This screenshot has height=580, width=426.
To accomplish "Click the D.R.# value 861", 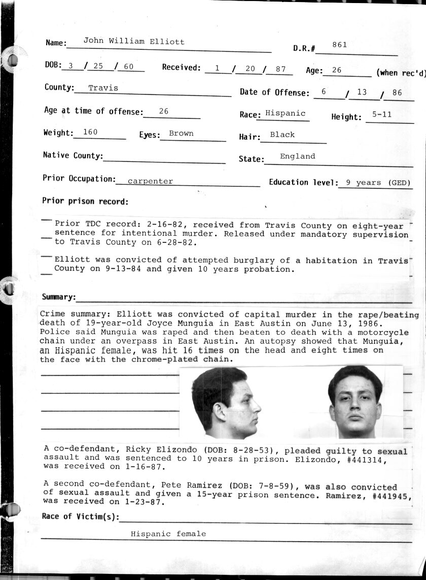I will [339, 45].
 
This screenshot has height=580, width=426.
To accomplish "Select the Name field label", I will [56, 43].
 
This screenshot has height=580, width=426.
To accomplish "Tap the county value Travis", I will [103, 88].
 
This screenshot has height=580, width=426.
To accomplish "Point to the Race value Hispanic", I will [286, 114].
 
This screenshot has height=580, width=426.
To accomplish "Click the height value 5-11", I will [381, 115].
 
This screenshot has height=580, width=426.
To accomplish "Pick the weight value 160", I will [90, 132].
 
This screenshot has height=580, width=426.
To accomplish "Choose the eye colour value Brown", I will [181, 133].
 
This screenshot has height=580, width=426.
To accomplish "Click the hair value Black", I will [282, 134].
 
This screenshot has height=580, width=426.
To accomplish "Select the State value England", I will [297, 156].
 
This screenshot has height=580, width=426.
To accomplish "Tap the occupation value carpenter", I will [150, 181].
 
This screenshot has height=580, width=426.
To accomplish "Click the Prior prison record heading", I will [85, 201].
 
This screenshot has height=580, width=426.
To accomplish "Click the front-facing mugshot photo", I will [355, 402].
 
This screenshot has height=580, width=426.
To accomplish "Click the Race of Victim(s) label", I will [80, 517].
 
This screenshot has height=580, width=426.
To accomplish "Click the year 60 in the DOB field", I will [128, 66].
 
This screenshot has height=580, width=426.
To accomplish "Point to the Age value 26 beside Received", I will [336, 70].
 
